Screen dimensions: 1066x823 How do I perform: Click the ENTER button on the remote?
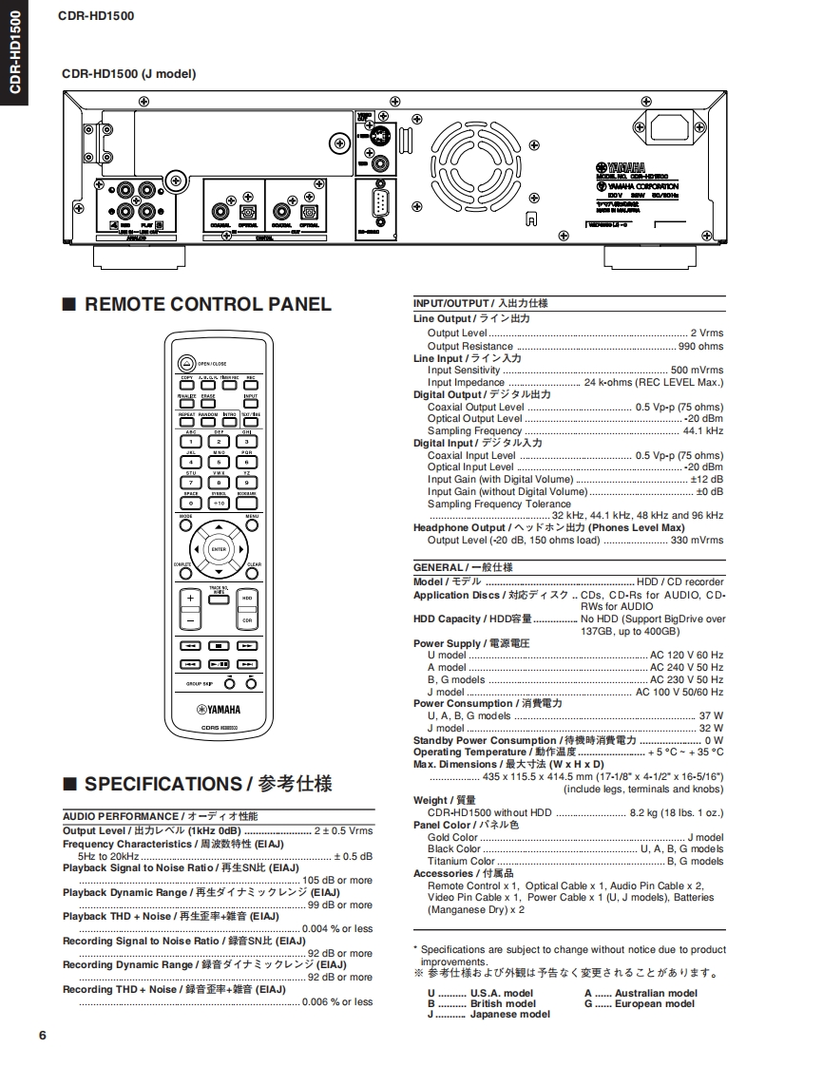tap(219, 549)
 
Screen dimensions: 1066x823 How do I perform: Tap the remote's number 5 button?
tap(219, 463)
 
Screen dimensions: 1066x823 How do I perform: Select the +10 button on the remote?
tap(219, 503)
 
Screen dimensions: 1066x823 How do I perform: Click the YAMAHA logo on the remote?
tap(219, 709)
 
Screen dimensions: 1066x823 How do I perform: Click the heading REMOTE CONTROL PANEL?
tap(208, 304)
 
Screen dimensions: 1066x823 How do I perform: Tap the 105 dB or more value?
tap(337, 880)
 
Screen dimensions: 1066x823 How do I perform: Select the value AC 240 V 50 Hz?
tap(686, 667)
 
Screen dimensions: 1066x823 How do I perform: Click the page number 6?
tap(43, 1035)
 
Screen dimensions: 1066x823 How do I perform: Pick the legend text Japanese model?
tap(509, 1014)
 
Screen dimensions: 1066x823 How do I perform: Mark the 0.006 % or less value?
tap(337, 1001)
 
